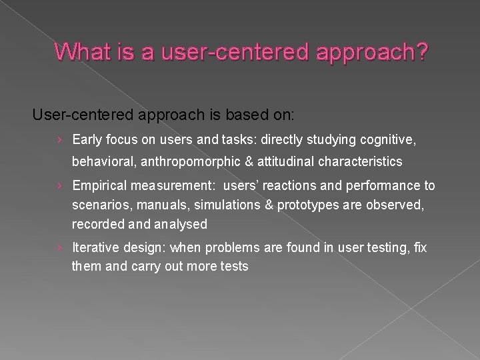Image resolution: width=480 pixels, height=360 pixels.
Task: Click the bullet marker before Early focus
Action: (x=60, y=140)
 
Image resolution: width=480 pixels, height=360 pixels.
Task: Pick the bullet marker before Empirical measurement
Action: (x=60, y=186)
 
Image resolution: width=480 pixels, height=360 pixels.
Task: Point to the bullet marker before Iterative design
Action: (x=60, y=248)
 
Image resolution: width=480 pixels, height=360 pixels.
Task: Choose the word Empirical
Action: (x=101, y=186)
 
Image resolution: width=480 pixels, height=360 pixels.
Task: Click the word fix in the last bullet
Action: (x=420, y=248)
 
